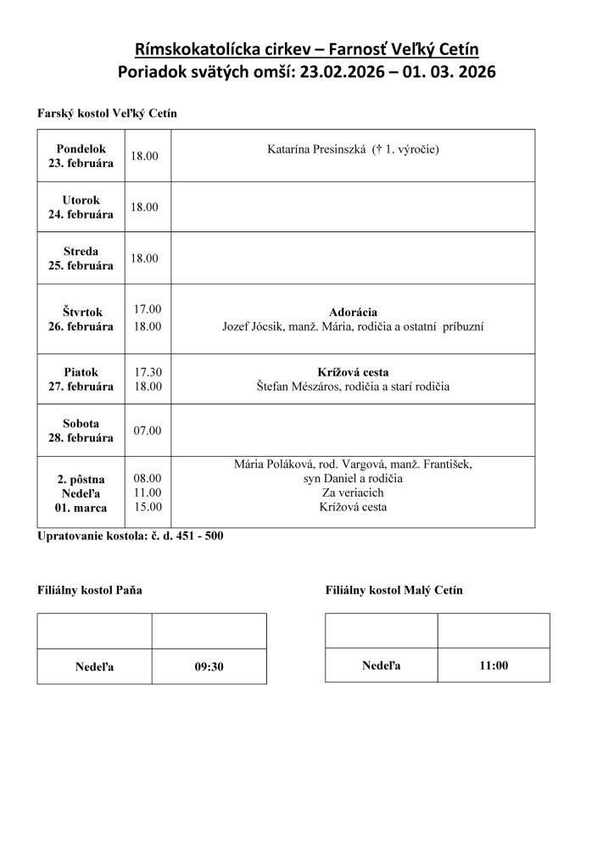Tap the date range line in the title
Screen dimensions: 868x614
click(306, 72)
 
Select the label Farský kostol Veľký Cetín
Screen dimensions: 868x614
click(107, 113)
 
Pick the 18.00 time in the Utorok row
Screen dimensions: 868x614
click(144, 207)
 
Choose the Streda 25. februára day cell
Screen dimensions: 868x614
click(81, 259)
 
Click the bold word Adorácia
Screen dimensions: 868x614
click(353, 312)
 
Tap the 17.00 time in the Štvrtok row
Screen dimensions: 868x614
click(147, 309)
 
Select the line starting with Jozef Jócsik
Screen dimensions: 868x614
click(353, 326)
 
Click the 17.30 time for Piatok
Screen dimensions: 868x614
click(147, 372)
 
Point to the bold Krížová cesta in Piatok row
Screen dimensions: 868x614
click(353, 372)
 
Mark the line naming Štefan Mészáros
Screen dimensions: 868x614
click(353, 387)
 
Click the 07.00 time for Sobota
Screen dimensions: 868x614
click(147, 430)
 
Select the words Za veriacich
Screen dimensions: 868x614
click(353, 492)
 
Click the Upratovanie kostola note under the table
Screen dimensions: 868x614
click(130, 537)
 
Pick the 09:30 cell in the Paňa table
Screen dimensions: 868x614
click(209, 666)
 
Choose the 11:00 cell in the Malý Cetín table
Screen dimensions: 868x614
click(494, 665)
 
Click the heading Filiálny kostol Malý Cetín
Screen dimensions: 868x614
click(394, 590)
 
